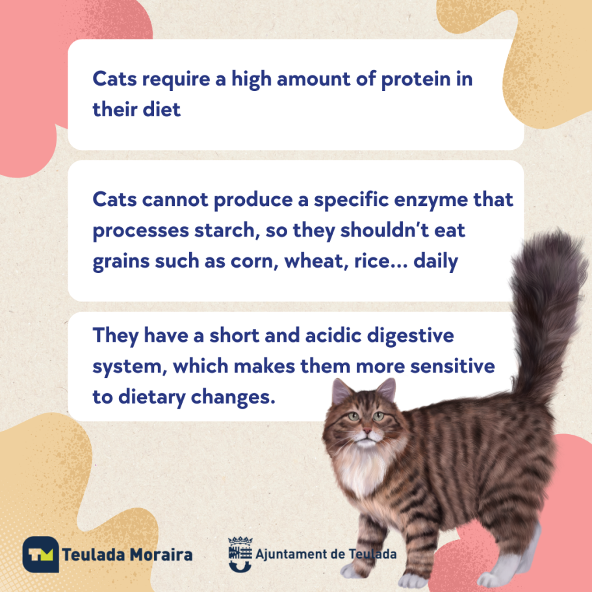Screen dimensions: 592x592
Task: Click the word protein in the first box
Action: [416, 80]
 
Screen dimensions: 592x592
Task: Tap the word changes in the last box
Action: [233, 398]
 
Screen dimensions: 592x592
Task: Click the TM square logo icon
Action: [41, 554]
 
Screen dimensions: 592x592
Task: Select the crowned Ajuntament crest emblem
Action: [240, 554]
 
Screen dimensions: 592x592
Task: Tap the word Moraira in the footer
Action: [161, 554]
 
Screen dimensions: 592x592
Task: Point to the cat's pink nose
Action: [367, 430]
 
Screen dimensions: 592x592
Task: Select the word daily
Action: [435, 261]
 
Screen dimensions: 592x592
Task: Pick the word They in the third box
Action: [116, 336]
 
